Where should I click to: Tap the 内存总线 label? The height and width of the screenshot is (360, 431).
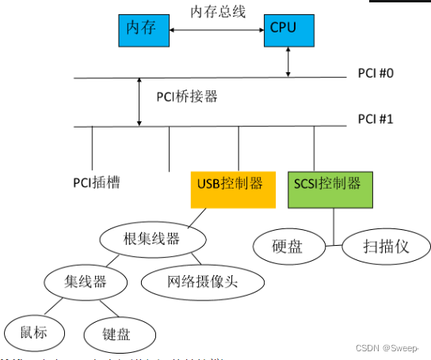(217, 11)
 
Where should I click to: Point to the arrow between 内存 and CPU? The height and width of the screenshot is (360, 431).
(217, 30)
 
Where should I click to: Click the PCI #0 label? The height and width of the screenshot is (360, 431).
(376, 73)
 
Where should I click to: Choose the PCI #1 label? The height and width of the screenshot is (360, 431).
(376, 120)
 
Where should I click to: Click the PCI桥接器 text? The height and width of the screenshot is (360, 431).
(187, 98)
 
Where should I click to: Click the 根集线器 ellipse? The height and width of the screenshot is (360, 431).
(153, 239)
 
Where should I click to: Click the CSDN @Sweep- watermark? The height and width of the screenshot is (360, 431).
(384, 347)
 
